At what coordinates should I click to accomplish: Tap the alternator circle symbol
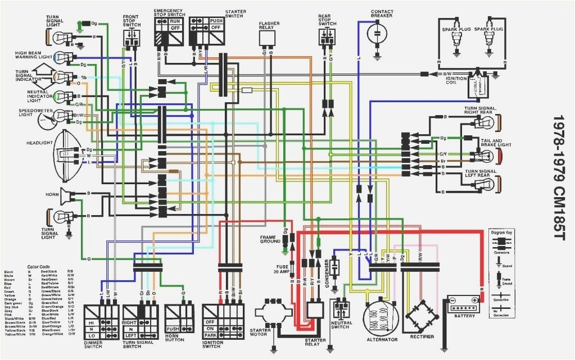382,317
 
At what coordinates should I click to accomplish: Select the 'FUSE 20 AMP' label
282,270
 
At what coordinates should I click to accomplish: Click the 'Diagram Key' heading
501,231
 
